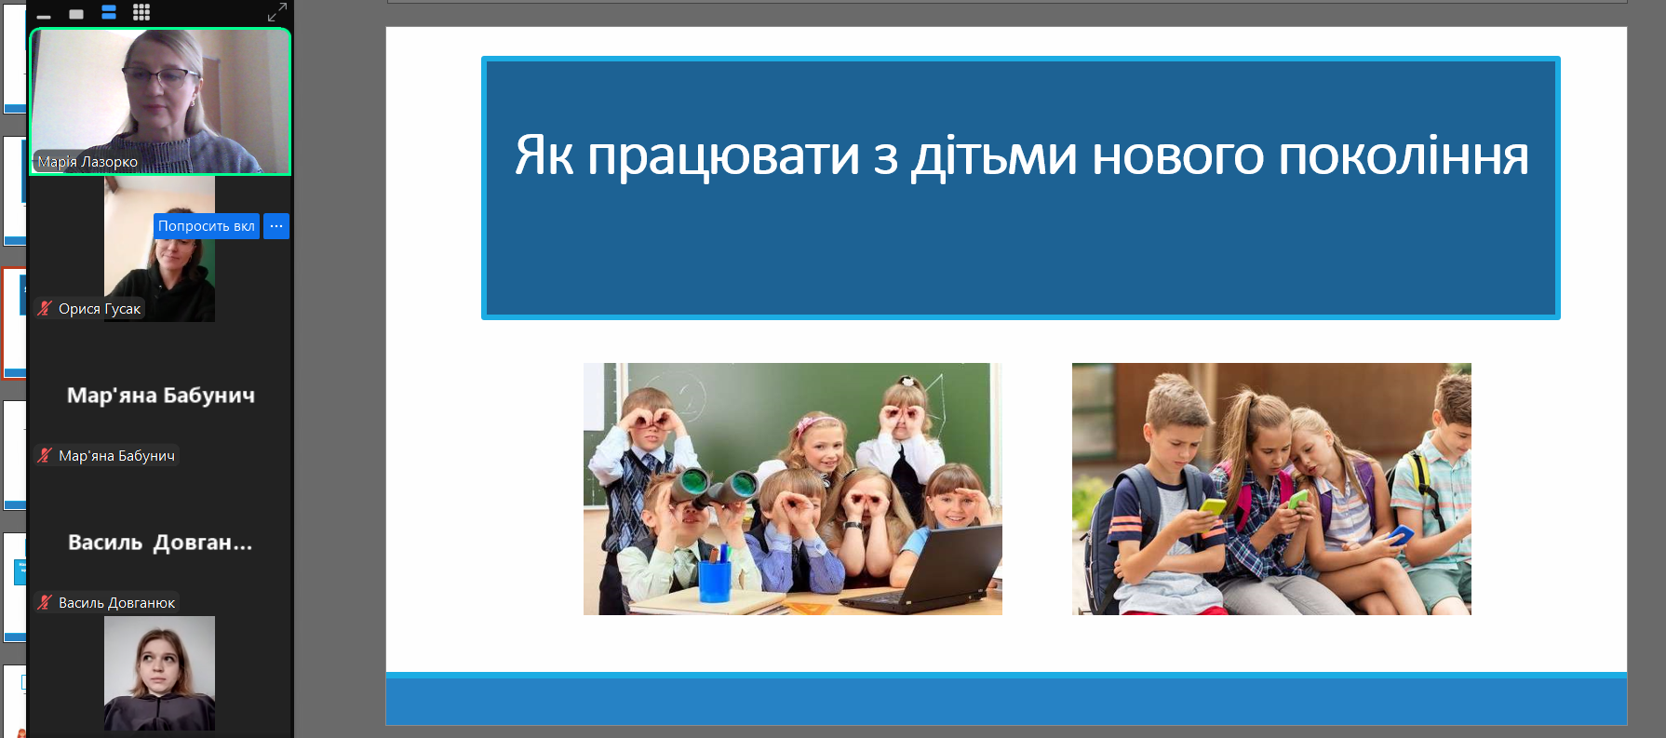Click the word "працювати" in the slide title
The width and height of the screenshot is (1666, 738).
click(723, 155)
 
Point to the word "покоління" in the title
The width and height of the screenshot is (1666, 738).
click(1404, 155)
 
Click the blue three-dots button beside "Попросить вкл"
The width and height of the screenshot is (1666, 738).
click(276, 226)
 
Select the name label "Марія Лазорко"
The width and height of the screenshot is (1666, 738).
click(87, 162)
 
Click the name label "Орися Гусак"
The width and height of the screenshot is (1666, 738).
click(100, 309)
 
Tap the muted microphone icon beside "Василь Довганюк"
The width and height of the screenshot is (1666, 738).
click(45, 602)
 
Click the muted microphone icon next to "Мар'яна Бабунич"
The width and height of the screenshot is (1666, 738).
click(45, 455)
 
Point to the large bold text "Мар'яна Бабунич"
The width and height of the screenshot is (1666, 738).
click(161, 396)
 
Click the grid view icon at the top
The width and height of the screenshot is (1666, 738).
click(141, 12)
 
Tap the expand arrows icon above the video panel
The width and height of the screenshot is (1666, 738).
click(277, 12)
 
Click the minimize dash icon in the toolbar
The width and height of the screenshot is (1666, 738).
click(44, 16)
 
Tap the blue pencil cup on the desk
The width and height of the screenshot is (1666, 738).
click(715, 579)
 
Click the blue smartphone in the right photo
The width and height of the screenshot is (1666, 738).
click(1401, 535)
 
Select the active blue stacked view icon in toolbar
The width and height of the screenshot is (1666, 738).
click(109, 12)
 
